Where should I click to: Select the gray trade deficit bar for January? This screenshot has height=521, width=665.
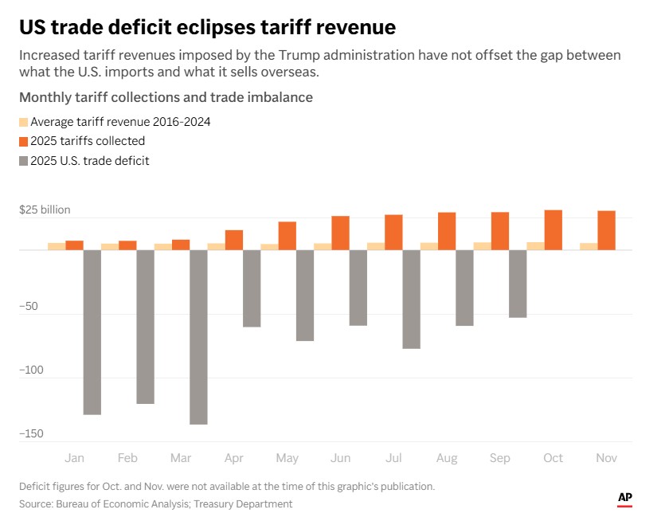92,331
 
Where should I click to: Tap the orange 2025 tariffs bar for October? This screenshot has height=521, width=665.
553,230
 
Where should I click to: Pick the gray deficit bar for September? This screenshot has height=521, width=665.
518,284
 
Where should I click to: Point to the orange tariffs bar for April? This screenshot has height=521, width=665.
234,240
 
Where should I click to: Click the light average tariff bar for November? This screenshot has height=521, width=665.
588,246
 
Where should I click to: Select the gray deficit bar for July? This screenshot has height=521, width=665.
411,299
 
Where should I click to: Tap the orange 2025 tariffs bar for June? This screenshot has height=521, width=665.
340,233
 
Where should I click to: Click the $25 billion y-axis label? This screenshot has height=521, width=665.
45,210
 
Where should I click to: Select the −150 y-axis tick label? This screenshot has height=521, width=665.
33,434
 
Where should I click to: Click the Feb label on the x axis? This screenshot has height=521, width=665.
127,458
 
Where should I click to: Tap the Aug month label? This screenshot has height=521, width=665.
447,458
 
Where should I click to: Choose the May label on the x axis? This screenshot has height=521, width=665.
287,458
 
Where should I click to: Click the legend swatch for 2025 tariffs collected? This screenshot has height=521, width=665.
23,141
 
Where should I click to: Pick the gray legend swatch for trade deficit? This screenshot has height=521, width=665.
23,161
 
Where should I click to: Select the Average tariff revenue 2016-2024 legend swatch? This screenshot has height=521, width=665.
23,122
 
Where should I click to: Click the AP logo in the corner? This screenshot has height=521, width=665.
625,498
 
